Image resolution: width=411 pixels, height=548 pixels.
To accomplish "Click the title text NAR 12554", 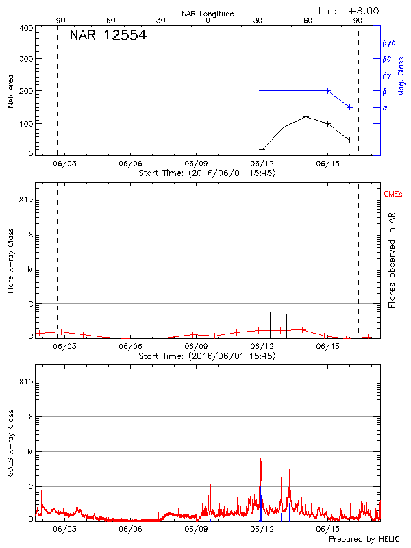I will point(108,36).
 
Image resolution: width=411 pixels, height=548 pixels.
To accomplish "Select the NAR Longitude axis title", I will point(208,14).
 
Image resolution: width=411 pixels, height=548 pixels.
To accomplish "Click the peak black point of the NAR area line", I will point(306,116).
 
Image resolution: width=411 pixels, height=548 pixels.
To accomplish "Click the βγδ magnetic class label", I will point(389,42).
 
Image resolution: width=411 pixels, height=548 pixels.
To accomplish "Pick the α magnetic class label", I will point(385,108).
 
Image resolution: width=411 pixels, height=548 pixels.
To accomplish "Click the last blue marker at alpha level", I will point(349,107).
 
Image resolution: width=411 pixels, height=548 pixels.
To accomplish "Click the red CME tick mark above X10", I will point(162,191).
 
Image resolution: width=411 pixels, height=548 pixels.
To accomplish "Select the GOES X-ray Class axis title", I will point(10,445).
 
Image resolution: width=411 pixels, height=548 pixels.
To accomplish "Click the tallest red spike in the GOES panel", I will point(261,458).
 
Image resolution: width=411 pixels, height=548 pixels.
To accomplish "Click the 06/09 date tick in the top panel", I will point(196,164).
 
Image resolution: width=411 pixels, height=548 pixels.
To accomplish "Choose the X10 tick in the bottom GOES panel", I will point(26,382).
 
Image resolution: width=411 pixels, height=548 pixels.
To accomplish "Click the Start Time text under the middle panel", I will point(207,356).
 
